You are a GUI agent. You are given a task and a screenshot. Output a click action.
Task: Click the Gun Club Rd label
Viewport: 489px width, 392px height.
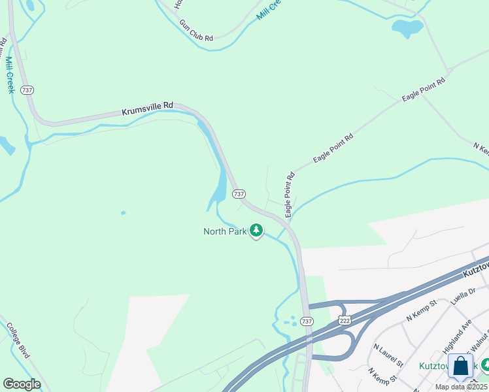[x=196, y=31]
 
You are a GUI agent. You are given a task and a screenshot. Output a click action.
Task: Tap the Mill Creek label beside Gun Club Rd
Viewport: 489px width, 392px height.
[x=268, y=10]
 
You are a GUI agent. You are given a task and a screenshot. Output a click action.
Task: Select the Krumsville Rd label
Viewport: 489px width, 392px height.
[x=147, y=108]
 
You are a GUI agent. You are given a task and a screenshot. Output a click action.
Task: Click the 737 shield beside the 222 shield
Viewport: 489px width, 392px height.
[x=307, y=321]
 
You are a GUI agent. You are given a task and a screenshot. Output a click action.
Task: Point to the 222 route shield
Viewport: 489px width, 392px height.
[x=344, y=320]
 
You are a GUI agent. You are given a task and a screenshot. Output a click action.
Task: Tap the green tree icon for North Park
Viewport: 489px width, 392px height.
[x=257, y=231]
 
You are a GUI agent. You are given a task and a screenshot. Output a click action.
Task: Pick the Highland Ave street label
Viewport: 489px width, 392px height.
[x=458, y=335]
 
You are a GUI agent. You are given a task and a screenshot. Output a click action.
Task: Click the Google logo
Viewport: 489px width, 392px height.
[x=22, y=384]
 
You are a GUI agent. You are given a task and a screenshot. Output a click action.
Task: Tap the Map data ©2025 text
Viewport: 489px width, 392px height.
[x=462, y=387]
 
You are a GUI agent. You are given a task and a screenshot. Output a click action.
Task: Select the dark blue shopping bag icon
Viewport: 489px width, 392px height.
[x=461, y=366]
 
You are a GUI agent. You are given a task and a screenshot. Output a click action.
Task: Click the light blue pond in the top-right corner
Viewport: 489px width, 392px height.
[x=407, y=28]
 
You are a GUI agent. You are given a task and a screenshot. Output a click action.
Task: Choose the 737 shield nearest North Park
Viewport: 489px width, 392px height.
[x=239, y=194]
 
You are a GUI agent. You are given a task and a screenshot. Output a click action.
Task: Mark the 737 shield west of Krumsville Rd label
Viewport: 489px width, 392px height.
[x=27, y=90]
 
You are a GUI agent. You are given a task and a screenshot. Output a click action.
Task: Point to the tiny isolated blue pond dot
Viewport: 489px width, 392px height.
[x=122, y=212]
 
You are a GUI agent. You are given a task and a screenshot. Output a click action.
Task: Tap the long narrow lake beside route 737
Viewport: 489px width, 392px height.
[x=219, y=186]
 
